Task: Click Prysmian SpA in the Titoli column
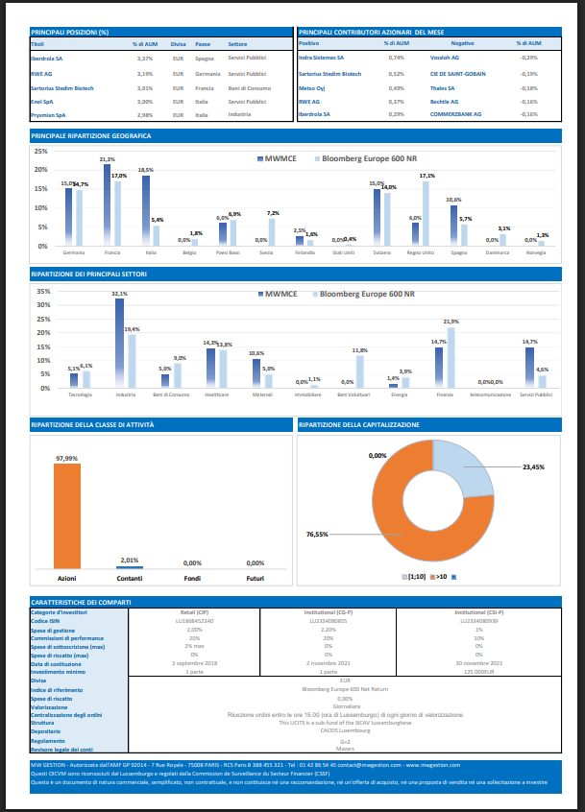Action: [x=48, y=114]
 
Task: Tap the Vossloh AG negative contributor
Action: [x=443, y=58]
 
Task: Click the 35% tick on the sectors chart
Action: [x=42, y=291]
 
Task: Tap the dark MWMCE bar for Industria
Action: [x=119, y=343]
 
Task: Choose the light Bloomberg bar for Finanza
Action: [x=451, y=357]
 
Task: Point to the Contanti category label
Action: [x=129, y=579]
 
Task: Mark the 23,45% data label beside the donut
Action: [x=532, y=467]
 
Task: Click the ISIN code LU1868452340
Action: [x=195, y=622]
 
